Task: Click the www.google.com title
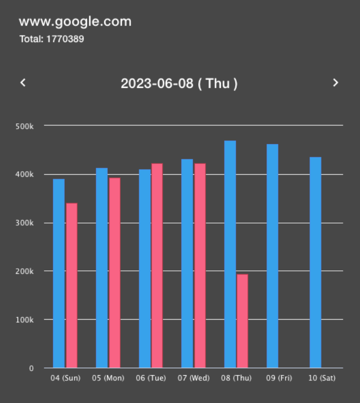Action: pyautogui.click(x=75, y=22)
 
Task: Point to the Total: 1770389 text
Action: pyautogui.click(x=51, y=39)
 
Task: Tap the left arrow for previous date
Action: pyautogui.click(x=23, y=82)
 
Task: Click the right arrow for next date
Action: pyautogui.click(x=335, y=82)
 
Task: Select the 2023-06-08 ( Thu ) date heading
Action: pyautogui.click(x=179, y=83)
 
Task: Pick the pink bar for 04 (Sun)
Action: pyautogui.click(x=72, y=285)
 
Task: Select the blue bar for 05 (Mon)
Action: pyautogui.click(x=102, y=268)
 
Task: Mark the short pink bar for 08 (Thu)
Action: pyautogui.click(x=242, y=321)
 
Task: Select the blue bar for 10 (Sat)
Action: pyautogui.click(x=315, y=263)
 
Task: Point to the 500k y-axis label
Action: pyautogui.click(x=25, y=126)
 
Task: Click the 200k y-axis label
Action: pyautogui.click(x=25, y=271)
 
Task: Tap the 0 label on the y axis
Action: pyautogui.click(x=31, y=369)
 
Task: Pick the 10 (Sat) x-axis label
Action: pyautogui.click(x=321, y=378)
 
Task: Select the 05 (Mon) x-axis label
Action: pyautogui.click(x=108, y=378)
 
